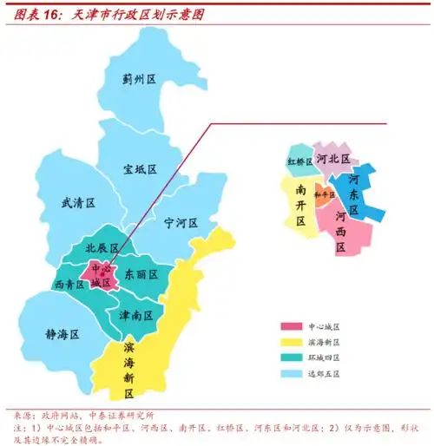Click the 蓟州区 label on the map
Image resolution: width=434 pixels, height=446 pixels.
point(138,79)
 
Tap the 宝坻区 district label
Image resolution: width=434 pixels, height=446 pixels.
point(139,168)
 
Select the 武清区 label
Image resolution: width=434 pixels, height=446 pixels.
point(78,202)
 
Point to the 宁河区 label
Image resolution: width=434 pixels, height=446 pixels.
point(181,223)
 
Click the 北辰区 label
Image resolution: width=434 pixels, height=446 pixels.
point(102,248)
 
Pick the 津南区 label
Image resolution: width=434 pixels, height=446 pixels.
point(136,313)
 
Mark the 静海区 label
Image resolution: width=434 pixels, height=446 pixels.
point(62,333)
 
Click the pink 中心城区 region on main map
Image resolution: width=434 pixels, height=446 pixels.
point(102,275)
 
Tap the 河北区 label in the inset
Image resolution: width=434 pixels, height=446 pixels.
point(333,159)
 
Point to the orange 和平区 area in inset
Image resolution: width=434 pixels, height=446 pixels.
point(324,195)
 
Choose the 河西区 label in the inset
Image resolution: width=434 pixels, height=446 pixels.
point(340,230)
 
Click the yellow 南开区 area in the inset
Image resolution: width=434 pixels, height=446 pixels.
point(299,204)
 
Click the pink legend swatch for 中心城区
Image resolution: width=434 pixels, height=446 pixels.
point(291,327)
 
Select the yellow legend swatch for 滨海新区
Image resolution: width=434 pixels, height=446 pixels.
point(291,343)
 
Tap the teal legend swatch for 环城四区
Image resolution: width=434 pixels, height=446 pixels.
point(291,358)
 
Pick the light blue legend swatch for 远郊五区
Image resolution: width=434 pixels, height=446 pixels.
point(291,374)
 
